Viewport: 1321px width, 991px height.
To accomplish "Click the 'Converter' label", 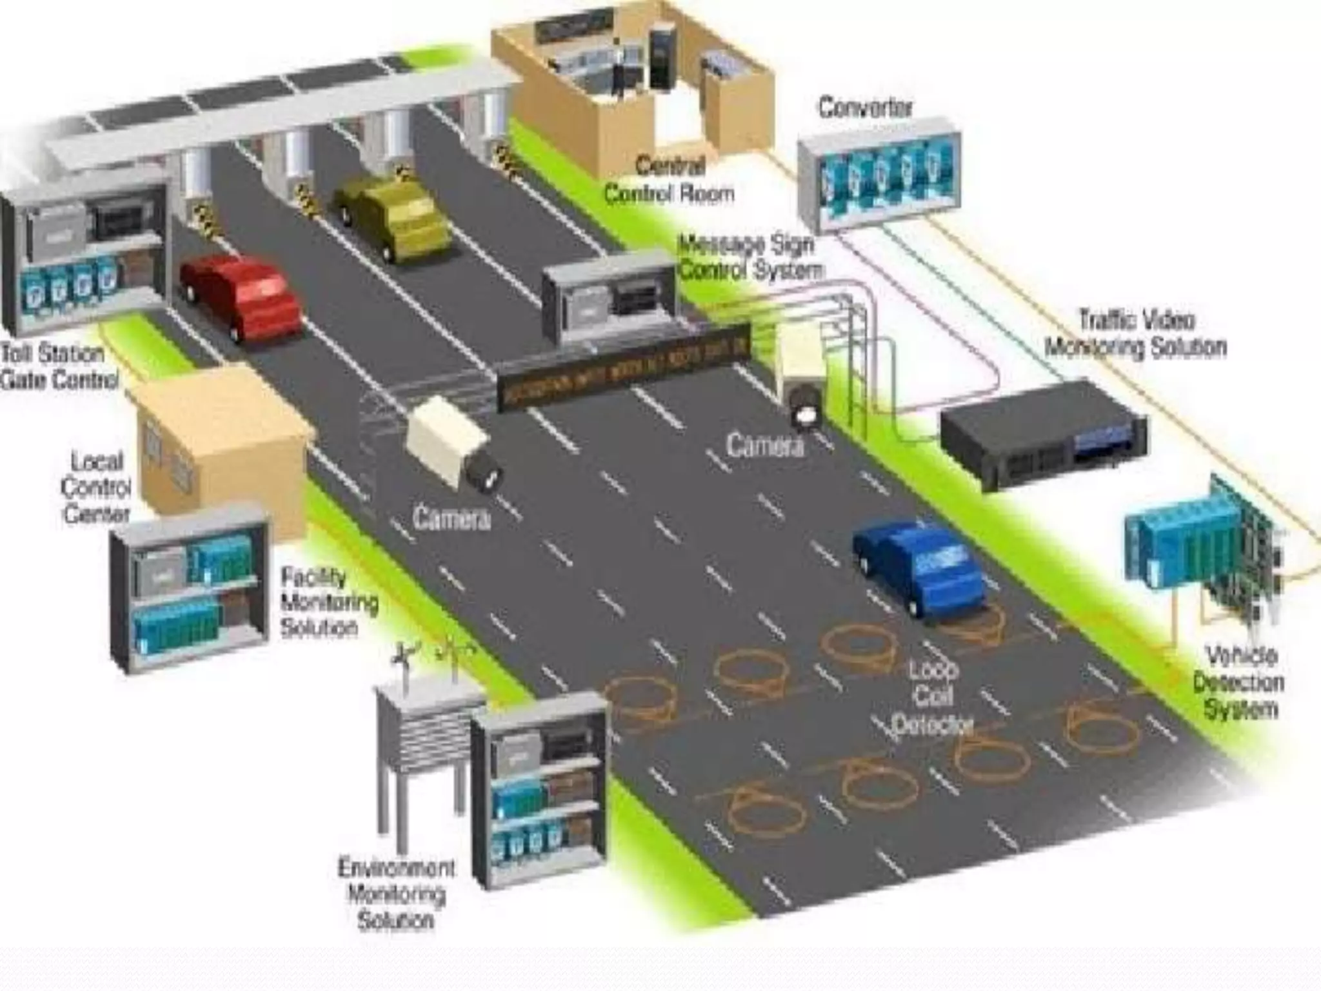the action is [866, 108].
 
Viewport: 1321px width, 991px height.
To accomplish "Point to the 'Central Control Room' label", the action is [670, 180].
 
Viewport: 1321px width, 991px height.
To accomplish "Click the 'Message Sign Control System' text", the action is [750, 257].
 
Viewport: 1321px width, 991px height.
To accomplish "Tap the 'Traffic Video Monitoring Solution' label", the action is [1135, 334].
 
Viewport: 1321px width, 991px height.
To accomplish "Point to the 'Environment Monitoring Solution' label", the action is [396, 893].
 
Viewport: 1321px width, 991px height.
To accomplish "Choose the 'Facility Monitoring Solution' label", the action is [328, 602].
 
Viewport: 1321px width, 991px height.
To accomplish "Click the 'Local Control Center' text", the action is [97, 488].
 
